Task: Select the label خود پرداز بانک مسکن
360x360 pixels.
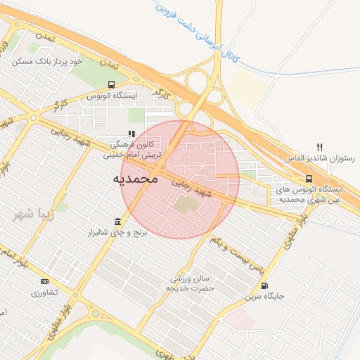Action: coord(47,62)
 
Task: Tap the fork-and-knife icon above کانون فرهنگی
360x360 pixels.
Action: coord(131,134)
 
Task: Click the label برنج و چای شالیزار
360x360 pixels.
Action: coord(117,232)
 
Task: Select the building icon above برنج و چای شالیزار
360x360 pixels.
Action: coord(117,221)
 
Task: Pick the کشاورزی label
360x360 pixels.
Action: coord(44,292)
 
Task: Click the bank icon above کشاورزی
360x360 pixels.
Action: coord(44,281)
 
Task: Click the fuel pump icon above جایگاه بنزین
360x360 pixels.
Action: coord(264,285)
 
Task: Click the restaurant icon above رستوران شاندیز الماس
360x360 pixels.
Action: coord(319,147)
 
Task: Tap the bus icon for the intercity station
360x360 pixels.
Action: coord(309,179)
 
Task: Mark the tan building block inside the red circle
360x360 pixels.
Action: coord(186,205)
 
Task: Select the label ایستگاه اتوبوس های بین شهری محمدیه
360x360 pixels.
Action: coord(310,195)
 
